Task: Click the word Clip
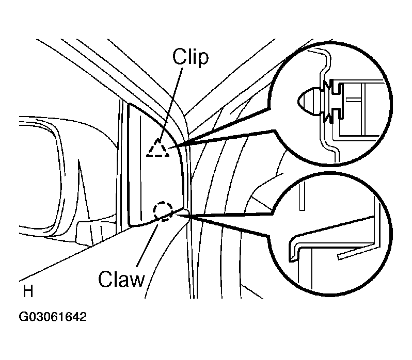click(x=190, y=57)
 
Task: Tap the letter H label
click(x=28, y=291)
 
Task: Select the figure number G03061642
click(x=53, y=317)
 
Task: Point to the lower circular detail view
click(x=330, y=234)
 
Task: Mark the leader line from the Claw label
click(x=147, y=246)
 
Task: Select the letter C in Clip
click(x=179, y=57)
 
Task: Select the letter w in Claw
click(x=137, y=280)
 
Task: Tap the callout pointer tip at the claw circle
click(x=177, y=215)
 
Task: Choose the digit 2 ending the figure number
click(x=83, y=317)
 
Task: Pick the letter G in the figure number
click(x=23, y=317)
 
